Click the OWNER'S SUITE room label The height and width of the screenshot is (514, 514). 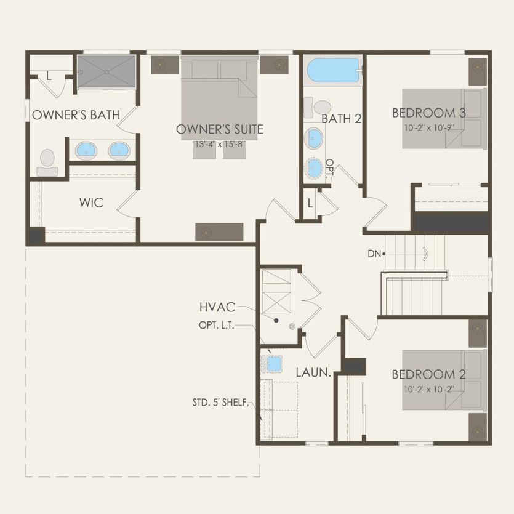click(219, 129)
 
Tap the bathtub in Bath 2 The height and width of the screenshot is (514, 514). click(332, 72)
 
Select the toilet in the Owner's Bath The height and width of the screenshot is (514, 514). click(47, 162)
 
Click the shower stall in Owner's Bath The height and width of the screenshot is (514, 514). click(105, 71)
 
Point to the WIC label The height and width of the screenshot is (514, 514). click(90, 203)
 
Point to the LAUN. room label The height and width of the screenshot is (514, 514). click(314, 372)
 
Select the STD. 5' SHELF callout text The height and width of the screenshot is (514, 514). click(220, 404)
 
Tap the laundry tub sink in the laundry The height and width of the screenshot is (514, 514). click(271, 364)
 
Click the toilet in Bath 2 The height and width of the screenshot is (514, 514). click(322, 108)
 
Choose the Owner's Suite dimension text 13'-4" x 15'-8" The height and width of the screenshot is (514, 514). click(219, 145)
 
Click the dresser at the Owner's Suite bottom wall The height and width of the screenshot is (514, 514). click(219, 232)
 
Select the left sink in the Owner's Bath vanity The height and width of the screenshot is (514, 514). click(86, 150)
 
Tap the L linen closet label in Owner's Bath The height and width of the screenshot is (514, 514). click(49, 75)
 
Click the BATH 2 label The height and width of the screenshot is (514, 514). click(341, 119)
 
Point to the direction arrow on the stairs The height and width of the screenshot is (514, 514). click(425, 253)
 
